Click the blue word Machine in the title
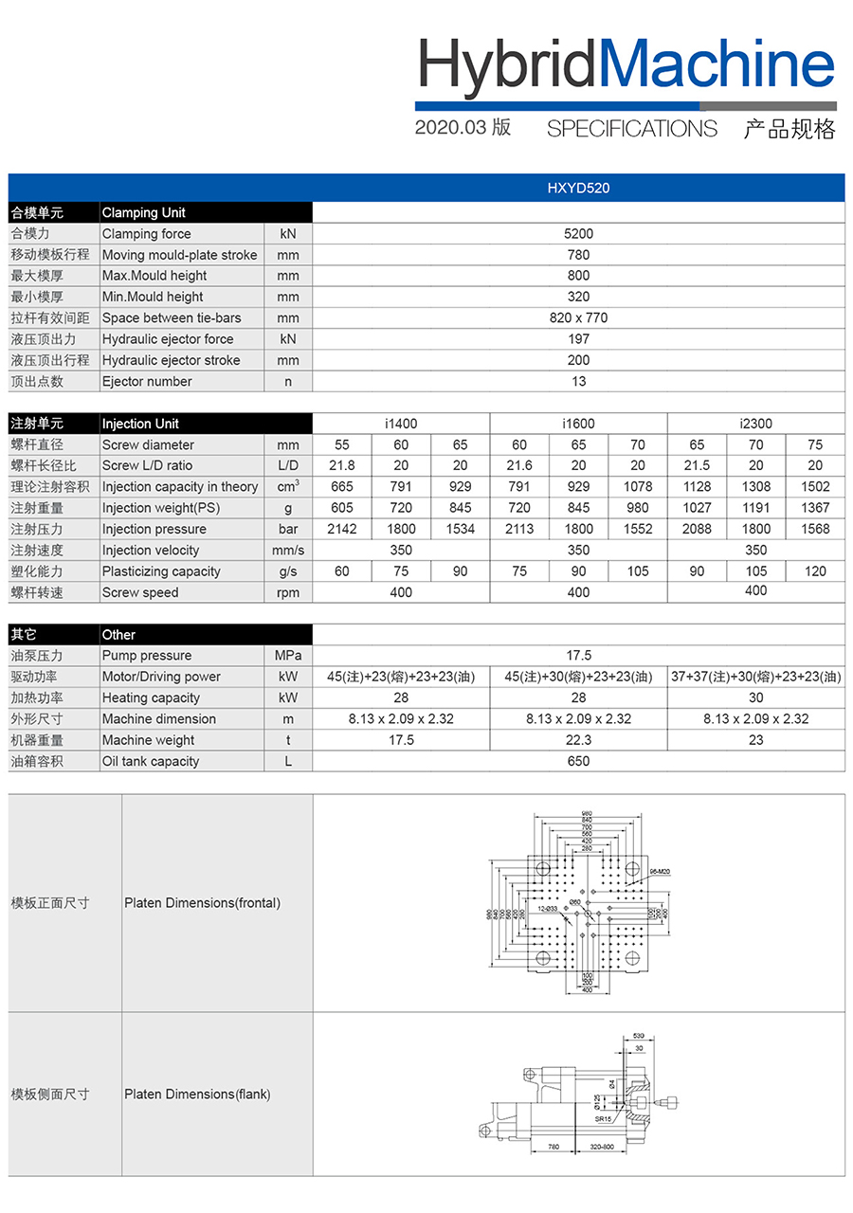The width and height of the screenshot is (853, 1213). [x=718, y=64]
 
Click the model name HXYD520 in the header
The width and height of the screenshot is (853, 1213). [x=578, y=188]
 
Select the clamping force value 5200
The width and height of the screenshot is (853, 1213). [x=578, y=234]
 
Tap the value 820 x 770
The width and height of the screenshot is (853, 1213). [x=578, y=318]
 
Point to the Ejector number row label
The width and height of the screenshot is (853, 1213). [x=147, y=382]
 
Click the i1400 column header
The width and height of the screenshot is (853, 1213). [x=401, y=424]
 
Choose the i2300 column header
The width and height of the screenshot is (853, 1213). [x=755, y=424]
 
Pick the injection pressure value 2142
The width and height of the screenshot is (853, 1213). [x=342, y=530]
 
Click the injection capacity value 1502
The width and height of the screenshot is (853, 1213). [x=815, y=487]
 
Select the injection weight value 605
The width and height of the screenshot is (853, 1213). [x=342, y=508]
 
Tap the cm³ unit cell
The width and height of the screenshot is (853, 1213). [x=288, y=487]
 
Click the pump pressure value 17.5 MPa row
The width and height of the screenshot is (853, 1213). [x=578, y=656]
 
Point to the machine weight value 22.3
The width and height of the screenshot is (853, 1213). [x=578, y=740]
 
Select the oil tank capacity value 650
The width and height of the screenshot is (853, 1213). [x=578, y=761]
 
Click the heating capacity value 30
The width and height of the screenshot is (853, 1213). [x=755, y=697]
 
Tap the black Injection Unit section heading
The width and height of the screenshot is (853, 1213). [x=140, y=424]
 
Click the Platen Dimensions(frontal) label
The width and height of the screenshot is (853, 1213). [x=202, y=903]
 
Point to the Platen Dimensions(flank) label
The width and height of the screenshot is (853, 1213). [x=197, y=1095]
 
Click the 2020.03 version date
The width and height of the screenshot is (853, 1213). [x=450, y=128]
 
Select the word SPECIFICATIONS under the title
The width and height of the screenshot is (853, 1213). [x=632, y=129]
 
